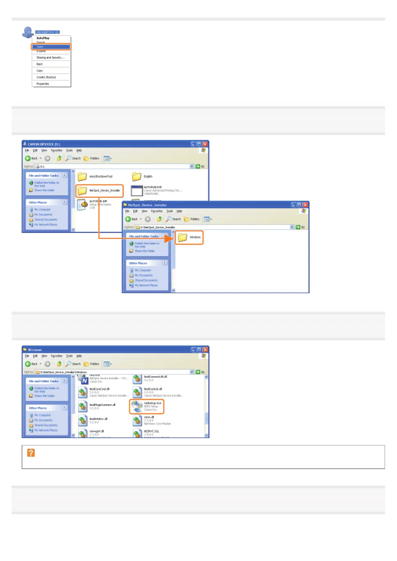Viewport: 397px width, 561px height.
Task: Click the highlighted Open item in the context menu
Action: (51, 47)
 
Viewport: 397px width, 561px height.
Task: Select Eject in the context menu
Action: (40, 64)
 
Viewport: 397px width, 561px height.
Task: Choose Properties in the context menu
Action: (43, 84)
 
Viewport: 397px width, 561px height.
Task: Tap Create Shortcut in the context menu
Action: (46, 77)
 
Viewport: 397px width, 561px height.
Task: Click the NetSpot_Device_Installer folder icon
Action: (82, 191)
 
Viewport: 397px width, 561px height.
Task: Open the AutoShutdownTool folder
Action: (82, 177)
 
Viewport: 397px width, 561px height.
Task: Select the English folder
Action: (136, 177)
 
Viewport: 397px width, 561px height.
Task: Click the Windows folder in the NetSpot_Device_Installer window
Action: (182, 237)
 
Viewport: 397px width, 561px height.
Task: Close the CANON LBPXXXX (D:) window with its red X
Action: (205, 144)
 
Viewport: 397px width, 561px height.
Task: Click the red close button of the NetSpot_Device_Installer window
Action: (305, 205)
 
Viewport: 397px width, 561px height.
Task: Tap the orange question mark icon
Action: (31, 453)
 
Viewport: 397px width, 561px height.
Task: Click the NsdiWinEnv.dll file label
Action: (98, 419)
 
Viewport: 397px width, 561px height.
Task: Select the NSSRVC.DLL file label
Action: (151, 431)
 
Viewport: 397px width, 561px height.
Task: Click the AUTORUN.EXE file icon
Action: (137, 191)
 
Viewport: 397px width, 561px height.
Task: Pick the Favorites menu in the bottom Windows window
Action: (56, 356)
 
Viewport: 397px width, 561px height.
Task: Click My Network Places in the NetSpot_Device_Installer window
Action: (146, 285)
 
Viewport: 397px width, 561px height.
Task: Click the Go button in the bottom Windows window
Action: (200, 372)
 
